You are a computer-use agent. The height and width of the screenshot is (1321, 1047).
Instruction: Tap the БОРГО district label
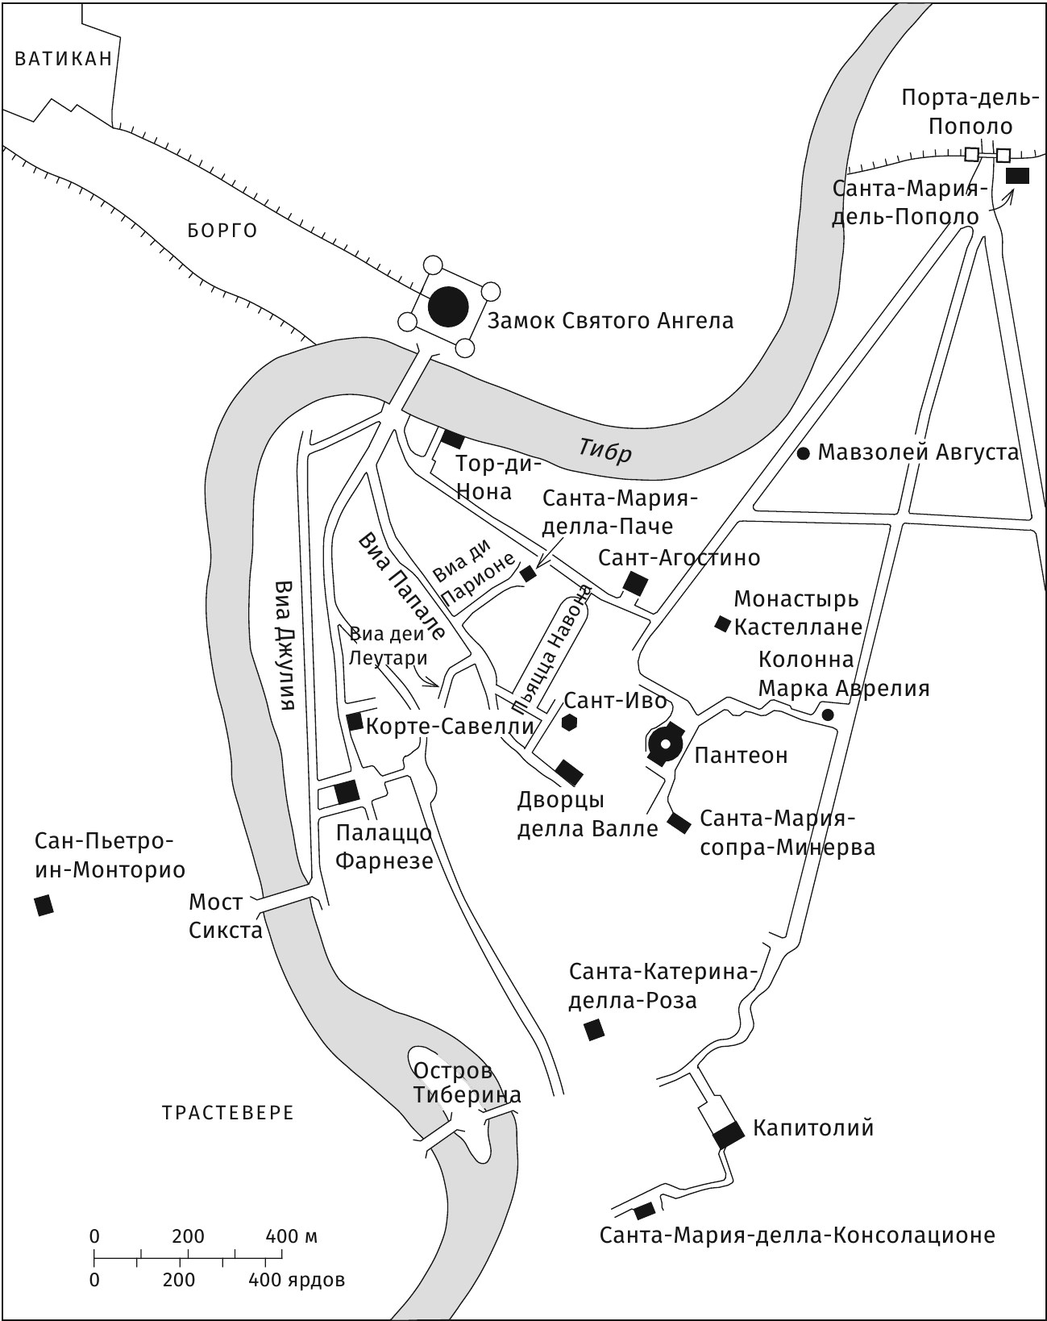[222, 231]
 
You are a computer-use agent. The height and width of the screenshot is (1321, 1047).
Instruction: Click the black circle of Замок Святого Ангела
[447, 306]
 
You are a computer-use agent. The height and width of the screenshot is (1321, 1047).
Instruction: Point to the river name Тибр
[604, 450]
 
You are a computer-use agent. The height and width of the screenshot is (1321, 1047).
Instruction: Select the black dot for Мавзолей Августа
[803, 453]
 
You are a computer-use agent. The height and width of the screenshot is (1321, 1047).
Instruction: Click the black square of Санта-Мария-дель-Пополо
[1018, 175]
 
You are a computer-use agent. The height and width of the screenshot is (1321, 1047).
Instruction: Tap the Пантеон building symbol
[667, 746]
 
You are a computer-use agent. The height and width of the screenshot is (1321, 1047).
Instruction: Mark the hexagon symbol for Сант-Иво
[570, 723]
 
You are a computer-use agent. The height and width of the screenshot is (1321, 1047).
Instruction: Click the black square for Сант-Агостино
[636, 583]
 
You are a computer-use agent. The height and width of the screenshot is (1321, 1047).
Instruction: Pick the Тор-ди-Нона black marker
[452, 439]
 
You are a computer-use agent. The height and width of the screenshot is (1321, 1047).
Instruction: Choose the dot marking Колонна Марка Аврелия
[827, 715]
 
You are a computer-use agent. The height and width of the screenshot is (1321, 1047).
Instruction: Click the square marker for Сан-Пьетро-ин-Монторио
[44, 905]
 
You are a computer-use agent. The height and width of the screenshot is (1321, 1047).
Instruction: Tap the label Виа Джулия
[284, 644]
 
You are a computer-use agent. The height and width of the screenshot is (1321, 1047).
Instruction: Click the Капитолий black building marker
[729, 1134]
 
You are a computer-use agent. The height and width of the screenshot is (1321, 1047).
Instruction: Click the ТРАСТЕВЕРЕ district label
[228, 1113]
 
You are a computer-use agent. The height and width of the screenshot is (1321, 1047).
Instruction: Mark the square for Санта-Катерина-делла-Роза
[594, 1029]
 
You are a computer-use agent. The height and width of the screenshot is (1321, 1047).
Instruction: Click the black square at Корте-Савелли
[354, 721]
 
